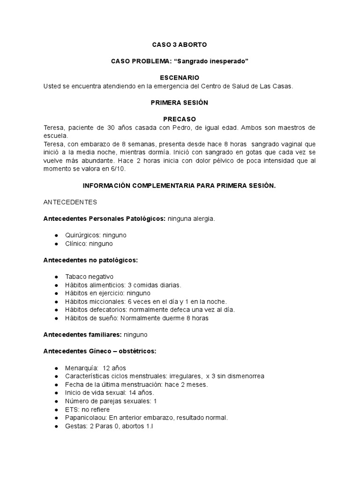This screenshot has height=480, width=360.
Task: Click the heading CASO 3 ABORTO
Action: point(180,45)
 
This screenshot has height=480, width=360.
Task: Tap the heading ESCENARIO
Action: point(180,77)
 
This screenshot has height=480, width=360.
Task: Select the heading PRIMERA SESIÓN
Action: point(180,103)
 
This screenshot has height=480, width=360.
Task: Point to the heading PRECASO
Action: point(180,119)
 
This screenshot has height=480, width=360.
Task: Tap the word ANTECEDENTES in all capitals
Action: point(70,202)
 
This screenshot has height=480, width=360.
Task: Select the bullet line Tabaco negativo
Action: point(90,277)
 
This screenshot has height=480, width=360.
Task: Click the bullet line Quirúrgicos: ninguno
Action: point(96,235)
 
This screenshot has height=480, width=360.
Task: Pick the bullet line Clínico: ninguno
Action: point(89,244)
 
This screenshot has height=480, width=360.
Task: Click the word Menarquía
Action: point(82,367)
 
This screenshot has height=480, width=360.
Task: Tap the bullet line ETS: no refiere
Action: point(88,409)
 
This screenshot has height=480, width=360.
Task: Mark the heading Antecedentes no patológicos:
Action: point(90,260)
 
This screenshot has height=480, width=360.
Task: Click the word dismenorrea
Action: point(244,376)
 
